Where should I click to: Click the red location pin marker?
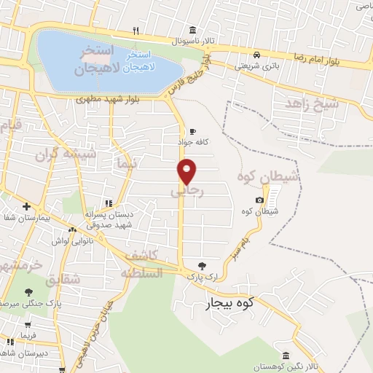click(x=187, y=171)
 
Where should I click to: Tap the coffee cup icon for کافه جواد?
click(x=192, y=132)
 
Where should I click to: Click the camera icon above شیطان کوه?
click(x=259, y=200)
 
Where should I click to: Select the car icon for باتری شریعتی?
click(x=256, y=55)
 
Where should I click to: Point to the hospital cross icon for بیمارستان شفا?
click(x=27, y=206)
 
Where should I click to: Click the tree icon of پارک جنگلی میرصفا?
click(x=28, y=292)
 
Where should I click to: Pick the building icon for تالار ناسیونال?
click(x=192, y=30)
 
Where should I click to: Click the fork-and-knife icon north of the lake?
click(x=136, y=31)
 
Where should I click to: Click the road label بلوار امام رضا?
click(x=321, y=59)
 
